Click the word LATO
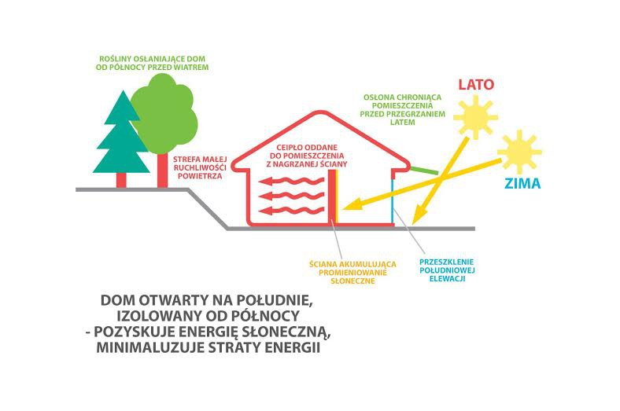[476, 85]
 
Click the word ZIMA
[522, 184]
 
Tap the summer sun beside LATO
[475, 117]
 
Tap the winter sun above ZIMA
[519, 152]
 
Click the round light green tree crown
[164, 115]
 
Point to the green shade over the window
[423, 171]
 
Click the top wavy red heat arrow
[291, 182]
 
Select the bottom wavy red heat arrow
[291, 211]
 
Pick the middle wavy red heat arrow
[291, 196]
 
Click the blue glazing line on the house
[393, 200]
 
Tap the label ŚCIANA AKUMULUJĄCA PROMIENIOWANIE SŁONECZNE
[352, 273]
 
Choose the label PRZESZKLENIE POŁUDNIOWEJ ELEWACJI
[447, 270]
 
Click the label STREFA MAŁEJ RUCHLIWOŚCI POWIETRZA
[200, 168]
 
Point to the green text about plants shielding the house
[152, 63]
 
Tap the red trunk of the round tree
[163, 171]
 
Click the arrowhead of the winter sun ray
[350, 206]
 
